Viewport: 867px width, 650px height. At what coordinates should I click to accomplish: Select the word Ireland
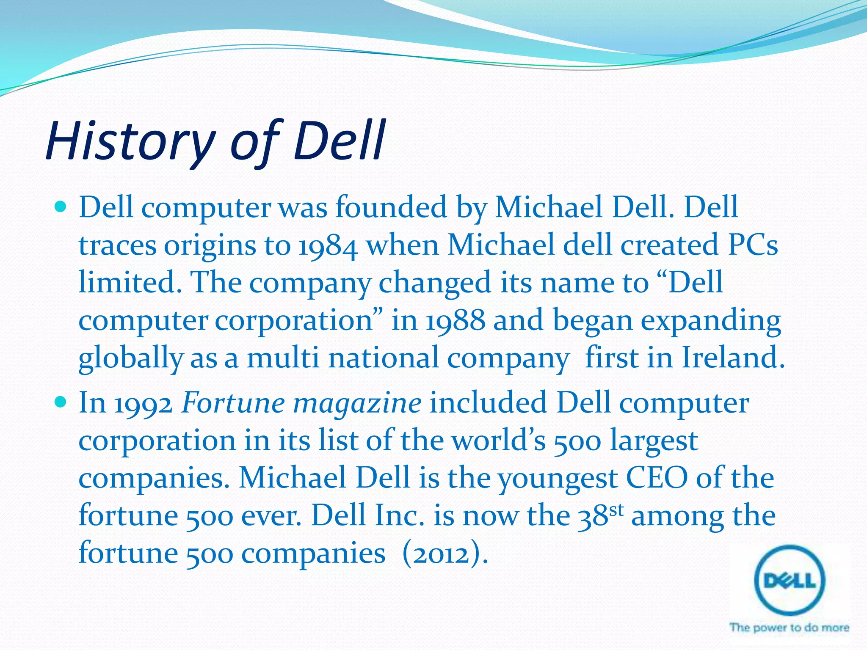coord(733,358)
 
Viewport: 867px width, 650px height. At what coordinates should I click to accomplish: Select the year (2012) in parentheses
coord(445,554)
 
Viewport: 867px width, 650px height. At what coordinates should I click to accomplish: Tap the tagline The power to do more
coord(789,627)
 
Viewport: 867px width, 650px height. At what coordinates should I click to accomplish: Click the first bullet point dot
coord(61,208)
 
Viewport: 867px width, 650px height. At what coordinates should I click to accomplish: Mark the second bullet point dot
coord(61,402)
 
